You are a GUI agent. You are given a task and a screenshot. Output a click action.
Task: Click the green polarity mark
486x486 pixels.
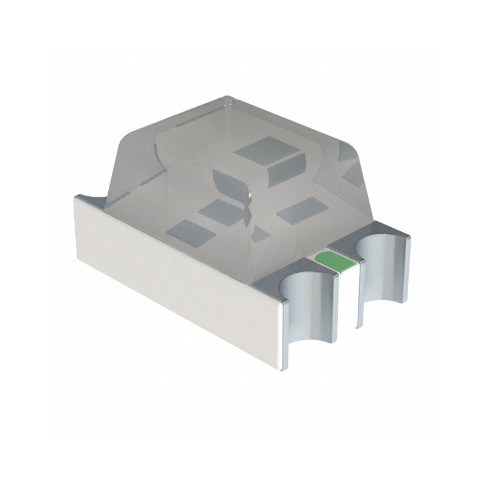[x=335, y=259]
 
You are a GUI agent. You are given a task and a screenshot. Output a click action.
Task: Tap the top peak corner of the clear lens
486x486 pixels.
[x=227, y=98]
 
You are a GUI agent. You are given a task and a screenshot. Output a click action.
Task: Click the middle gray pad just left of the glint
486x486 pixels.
[x=218, y=211]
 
